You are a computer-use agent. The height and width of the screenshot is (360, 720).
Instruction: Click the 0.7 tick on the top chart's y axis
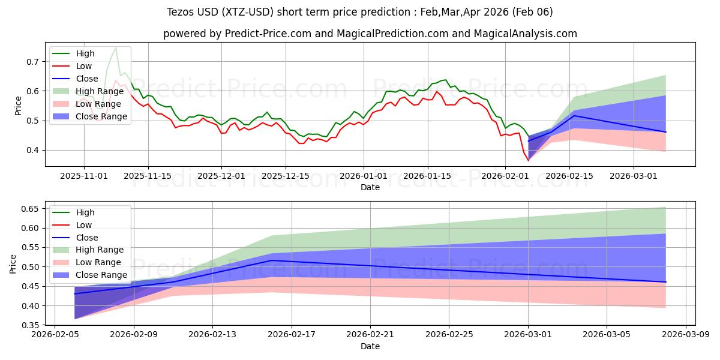tap(31, 62)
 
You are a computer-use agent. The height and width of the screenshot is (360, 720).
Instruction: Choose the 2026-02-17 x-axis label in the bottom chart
tap(291, 334)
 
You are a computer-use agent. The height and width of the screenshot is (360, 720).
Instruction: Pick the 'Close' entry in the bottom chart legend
tap(88, 238)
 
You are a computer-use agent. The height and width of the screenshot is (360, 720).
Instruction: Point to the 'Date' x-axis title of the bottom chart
tap(370, 346)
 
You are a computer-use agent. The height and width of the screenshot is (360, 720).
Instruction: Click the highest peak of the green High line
tap(115, 47)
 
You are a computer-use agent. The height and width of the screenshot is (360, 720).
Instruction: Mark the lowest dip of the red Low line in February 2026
tap(529, 160)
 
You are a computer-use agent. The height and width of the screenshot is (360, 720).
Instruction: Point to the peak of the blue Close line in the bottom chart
tap(272, 260)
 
